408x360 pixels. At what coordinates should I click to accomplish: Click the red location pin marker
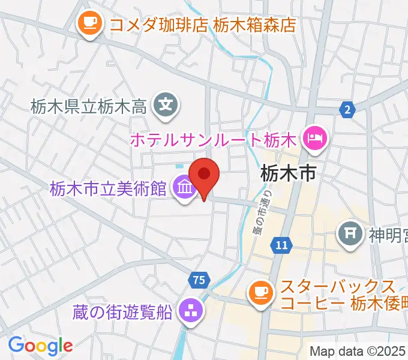pyautogui.click(x=204, y=175)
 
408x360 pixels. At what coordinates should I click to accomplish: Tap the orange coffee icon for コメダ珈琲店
pyautogui.click(x=90, y=23)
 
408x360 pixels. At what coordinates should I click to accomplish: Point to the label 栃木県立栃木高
pyautogui.click(x=89, y=107)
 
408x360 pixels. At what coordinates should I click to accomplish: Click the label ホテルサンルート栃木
pyautogui.click(x=214, y=141)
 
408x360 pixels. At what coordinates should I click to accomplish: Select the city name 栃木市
pyautogui.click(x=288, y=174)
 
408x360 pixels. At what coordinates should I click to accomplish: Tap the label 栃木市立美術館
pyautogui.click(x=108, y=190)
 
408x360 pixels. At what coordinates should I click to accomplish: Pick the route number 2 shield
pyautogui.click(x=346, y=109)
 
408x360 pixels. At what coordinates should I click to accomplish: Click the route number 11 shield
pyautogui.click(x=281, y=244)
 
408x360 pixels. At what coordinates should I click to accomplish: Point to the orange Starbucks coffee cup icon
pyautogui.click(x=260, y=292)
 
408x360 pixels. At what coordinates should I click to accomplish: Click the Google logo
pyautogui.click(x=40, y=346)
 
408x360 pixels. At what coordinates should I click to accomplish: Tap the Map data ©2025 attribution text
pyautogui.click(x=358, y=352)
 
